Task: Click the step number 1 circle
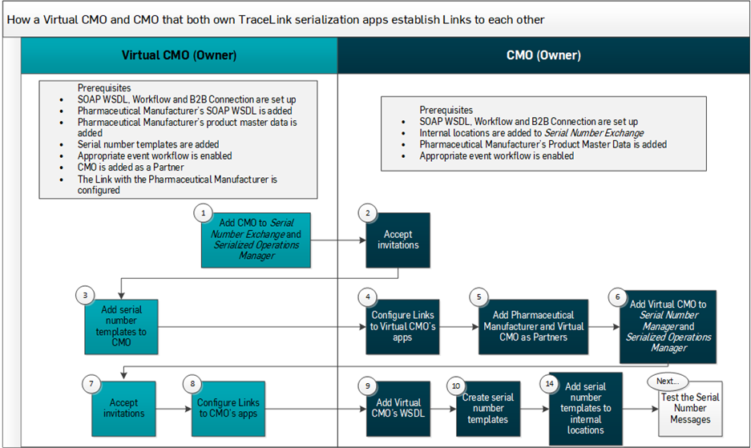click(x=204, y=214)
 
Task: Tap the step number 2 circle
click(x=367, y=214)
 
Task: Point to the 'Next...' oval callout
click(x=664, y=381)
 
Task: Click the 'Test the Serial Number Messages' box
click(x=689, y=409)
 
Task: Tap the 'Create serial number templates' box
click(x=487, y=408)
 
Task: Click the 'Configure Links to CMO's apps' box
click(x=228, y=408)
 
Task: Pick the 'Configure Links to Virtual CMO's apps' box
click(x=398, y=327)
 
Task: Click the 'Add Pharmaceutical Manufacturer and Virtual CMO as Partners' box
click(x=533, y=326)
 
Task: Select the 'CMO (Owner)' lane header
click(x=543, y=56)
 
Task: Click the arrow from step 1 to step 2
click(x=337, y=239)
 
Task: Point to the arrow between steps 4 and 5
click(x=454, y=326)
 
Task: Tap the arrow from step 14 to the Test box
click(x=640, y=408)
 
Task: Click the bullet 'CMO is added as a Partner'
click(x=132, y=167)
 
